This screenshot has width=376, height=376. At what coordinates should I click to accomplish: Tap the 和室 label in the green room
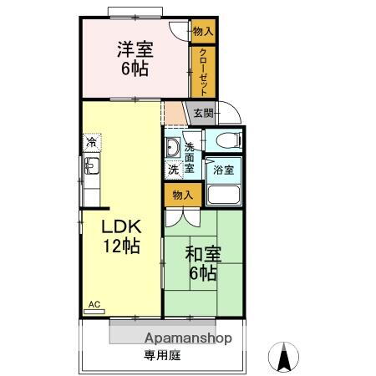pos(203,252)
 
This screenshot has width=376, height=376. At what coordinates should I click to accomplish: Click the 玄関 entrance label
pos(203,114)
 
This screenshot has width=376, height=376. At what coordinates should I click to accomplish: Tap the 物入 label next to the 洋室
pos(203,31)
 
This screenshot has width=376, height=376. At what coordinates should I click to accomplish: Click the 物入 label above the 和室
pos(182,195)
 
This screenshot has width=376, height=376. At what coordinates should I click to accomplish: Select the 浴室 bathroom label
pos(223,170)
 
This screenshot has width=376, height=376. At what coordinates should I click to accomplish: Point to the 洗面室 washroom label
pos(190,157)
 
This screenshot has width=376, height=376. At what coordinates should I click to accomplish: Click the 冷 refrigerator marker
pos(89,143)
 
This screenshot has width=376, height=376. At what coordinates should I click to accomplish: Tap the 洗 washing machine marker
pos(172,170)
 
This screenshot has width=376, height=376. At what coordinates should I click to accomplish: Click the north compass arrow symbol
pos(283,357)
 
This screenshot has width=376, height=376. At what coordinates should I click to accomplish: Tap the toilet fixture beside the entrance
pos(226,140)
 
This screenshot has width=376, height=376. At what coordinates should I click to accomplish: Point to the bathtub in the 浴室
pos(223,195)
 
